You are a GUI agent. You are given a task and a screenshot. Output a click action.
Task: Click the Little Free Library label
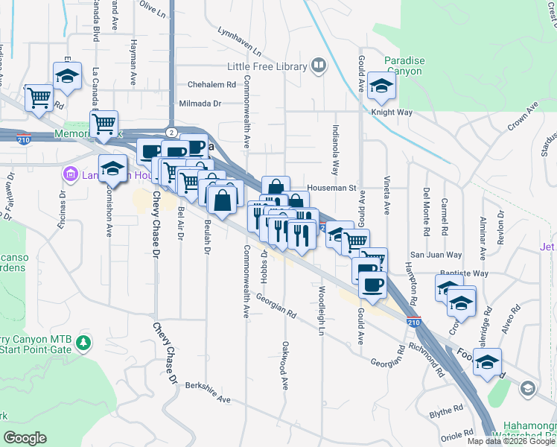[x=267, y=66]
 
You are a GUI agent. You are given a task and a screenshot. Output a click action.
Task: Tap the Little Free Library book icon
[x=319, y=66]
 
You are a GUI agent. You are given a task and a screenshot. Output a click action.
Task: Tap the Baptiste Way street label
[x=464, y=273]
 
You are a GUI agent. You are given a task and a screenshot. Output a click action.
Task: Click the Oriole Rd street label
[x=456, y=432]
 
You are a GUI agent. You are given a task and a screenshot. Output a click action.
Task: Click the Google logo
[x=25, y=438]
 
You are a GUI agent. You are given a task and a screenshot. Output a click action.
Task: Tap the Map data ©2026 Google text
[x=509, y=441]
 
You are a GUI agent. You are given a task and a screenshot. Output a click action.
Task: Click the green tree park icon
[x=84, y=343]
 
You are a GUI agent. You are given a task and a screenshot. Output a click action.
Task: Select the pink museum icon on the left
[x=71, y=175]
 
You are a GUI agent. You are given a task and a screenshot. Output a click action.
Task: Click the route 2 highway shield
[x=171, y=132]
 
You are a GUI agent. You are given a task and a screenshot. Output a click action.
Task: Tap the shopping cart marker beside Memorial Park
[x=104, y=121]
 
